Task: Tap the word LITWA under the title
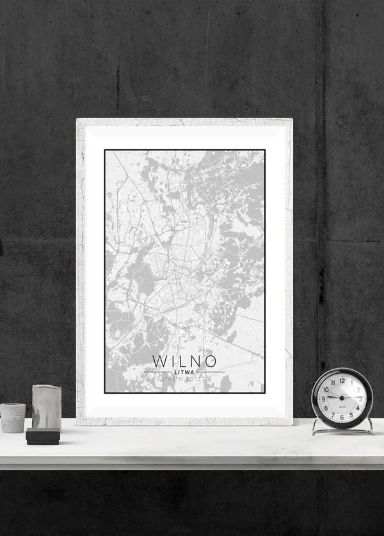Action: click(184, 373)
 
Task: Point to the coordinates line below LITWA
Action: click(184, 381)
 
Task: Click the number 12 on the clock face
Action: click(341, 380)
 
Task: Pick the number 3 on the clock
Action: click(360, 399)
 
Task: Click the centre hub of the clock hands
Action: click(341, 399)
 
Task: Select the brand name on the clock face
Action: click(341, 406)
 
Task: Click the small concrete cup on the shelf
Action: click(13, 417)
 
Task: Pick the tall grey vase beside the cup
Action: click(46, 407)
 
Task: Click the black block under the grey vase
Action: click(43, 437)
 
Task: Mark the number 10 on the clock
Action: click(325, 389)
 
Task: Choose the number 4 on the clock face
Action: click(358, 408)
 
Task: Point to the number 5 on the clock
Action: click(351, 415)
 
